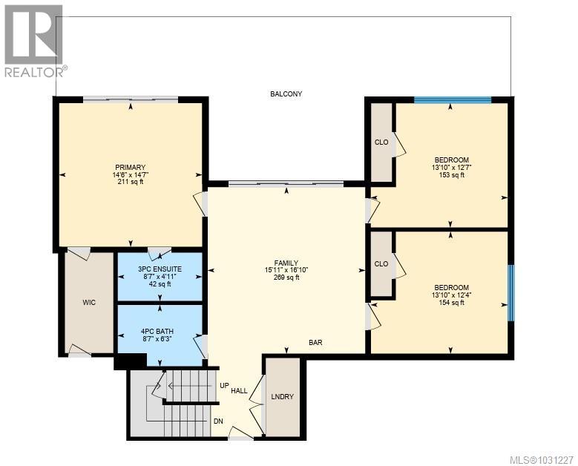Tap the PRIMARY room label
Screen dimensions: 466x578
pos(130,167)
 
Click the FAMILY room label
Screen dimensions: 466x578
pos(286,263)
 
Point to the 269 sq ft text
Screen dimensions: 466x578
pos(286,278)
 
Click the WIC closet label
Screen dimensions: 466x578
pos(89,302)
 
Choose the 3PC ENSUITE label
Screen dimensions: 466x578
pos(160,268)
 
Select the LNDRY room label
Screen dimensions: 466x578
pos(282,397)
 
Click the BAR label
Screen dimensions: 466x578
pos(316,343)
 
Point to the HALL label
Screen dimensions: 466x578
pos(239,390)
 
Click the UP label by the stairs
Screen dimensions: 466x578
pos(223,386)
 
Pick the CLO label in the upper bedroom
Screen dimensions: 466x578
pos(381,142)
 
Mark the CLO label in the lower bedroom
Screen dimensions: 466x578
pos(381,263)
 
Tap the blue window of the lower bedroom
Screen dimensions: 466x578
pos(510,292)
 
